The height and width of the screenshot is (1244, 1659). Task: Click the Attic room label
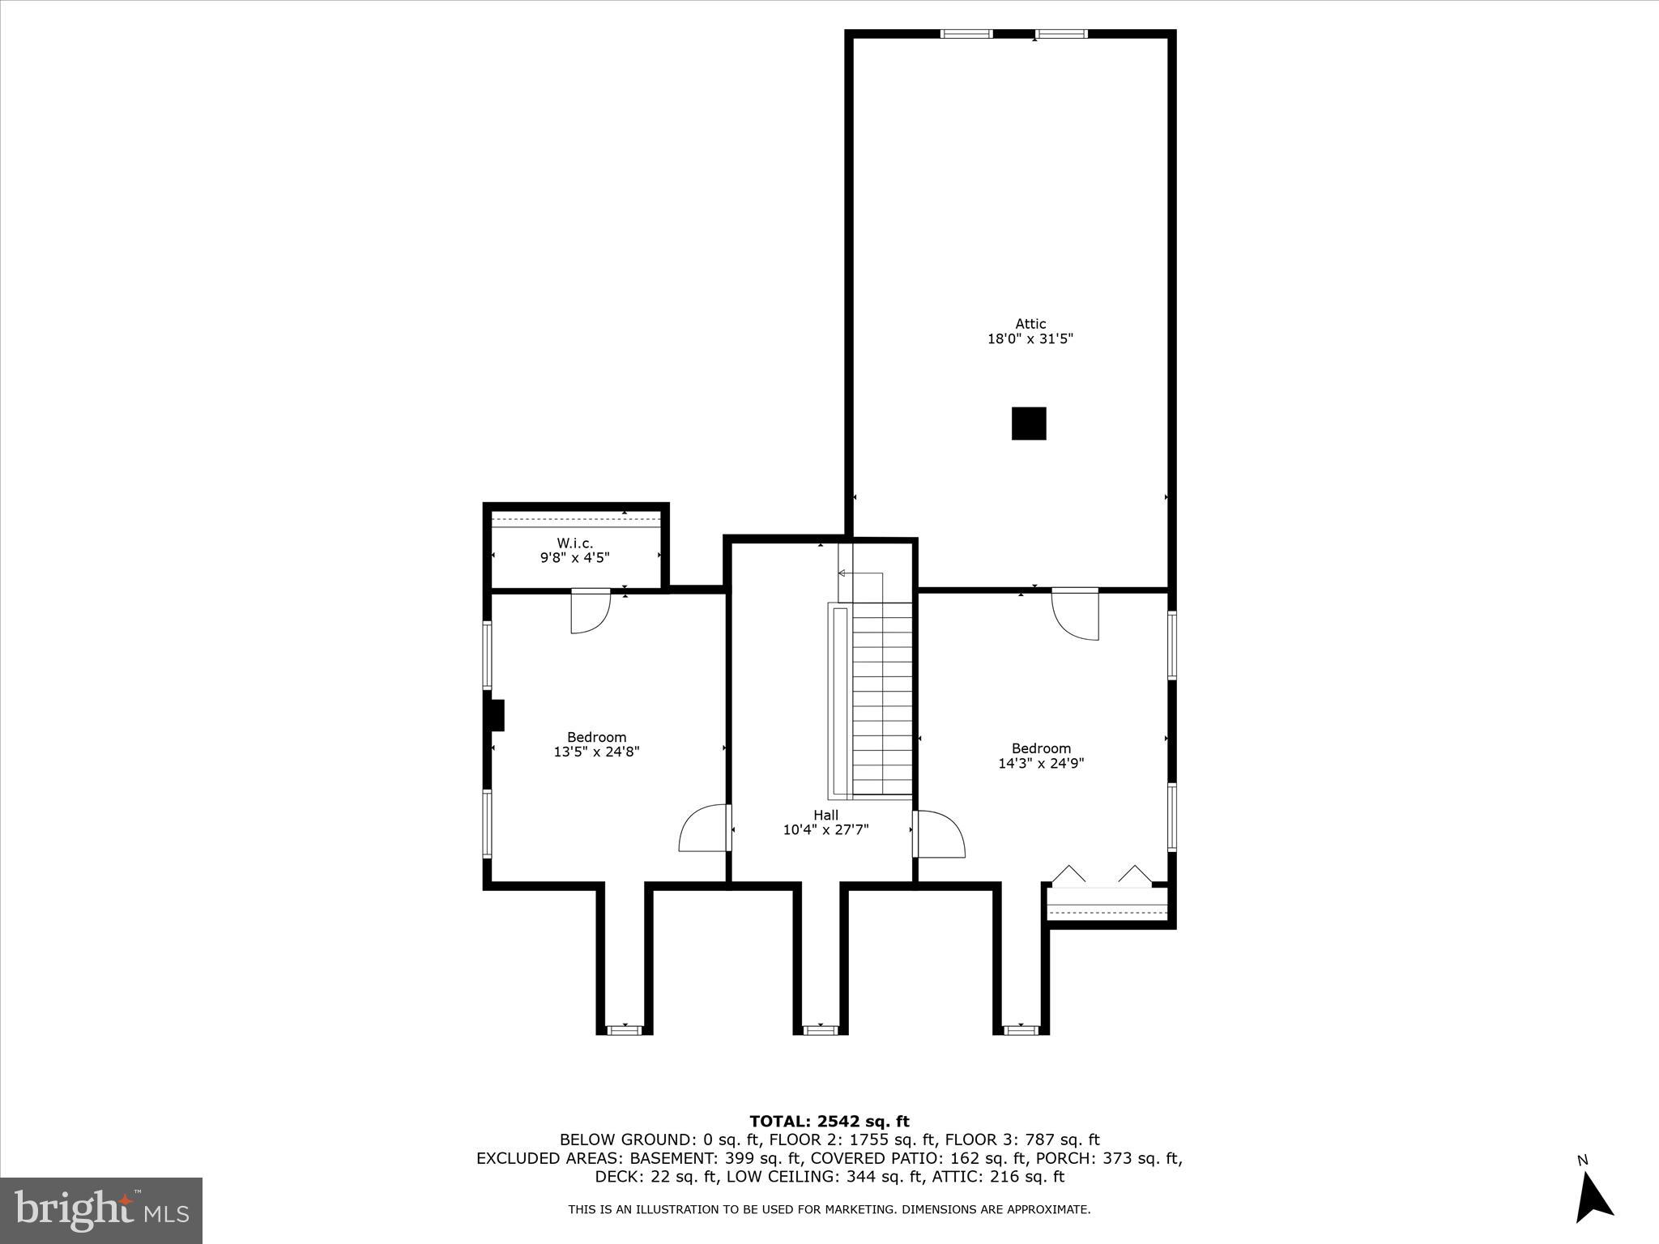(1030, 324)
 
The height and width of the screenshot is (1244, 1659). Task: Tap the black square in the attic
(1029, 424)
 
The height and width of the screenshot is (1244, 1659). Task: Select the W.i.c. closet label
(574, 543)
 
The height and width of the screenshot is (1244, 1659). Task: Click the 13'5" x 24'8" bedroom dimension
(596, 752)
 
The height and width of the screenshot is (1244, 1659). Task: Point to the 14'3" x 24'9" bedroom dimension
(1041, 763)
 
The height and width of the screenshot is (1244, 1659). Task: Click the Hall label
(825, 815)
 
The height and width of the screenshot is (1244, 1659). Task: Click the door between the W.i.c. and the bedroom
(591, 611)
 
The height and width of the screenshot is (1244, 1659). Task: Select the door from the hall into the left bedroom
(705, 828)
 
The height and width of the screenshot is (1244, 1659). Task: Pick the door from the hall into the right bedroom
(940, 834)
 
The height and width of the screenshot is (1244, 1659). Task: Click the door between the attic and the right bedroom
(1076, 614)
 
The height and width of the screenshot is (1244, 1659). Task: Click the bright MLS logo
(101, 1210)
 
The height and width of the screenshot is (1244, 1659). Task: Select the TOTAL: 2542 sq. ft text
(829, 1121)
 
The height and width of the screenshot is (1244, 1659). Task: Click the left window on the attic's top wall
(966, 34)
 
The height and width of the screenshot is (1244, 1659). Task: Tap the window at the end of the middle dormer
(820, 1029)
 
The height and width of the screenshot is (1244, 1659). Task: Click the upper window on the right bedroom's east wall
(1171, 644)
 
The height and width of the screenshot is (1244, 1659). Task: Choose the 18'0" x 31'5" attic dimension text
(1030, 339)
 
